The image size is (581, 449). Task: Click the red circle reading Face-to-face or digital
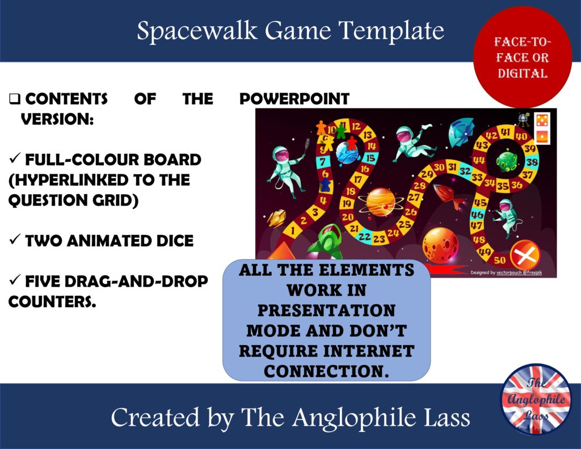pos(522,57)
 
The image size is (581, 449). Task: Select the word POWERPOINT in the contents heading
pos(294,99)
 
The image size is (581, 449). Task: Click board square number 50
pos(499,260)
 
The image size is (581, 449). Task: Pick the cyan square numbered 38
pos(532,162)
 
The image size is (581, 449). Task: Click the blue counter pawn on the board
pos(325,184)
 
